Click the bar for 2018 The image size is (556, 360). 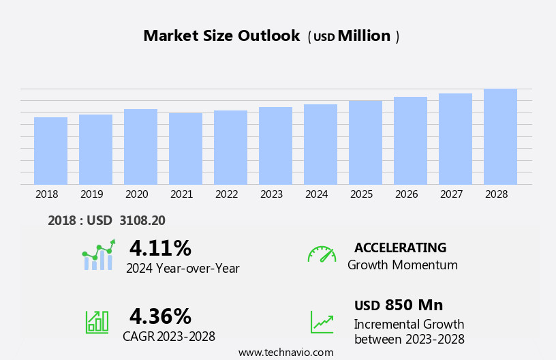coord(50,151)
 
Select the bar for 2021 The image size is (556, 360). coord(185,149)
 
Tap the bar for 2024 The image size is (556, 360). coord(320,145)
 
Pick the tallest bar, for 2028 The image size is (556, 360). coord(500,136)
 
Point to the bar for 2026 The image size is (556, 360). coord(410,140)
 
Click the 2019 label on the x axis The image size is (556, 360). coord(92,194)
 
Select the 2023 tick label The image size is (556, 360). coord(271,194)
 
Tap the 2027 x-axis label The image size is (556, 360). coord(451,194)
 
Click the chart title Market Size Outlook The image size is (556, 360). coord(221,36)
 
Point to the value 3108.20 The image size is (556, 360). coord(142,220)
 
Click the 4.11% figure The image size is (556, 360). coord(160,248)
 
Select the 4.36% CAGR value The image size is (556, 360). coord(160,316)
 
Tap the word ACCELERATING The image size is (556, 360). coord(400,247)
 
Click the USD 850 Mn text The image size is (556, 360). coord(399,305)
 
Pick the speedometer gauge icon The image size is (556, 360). coord(322,254)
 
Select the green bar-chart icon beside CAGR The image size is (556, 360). coord(97,321)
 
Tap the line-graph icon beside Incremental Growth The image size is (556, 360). coord(322,322)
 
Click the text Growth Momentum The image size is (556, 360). coord(402,265)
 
